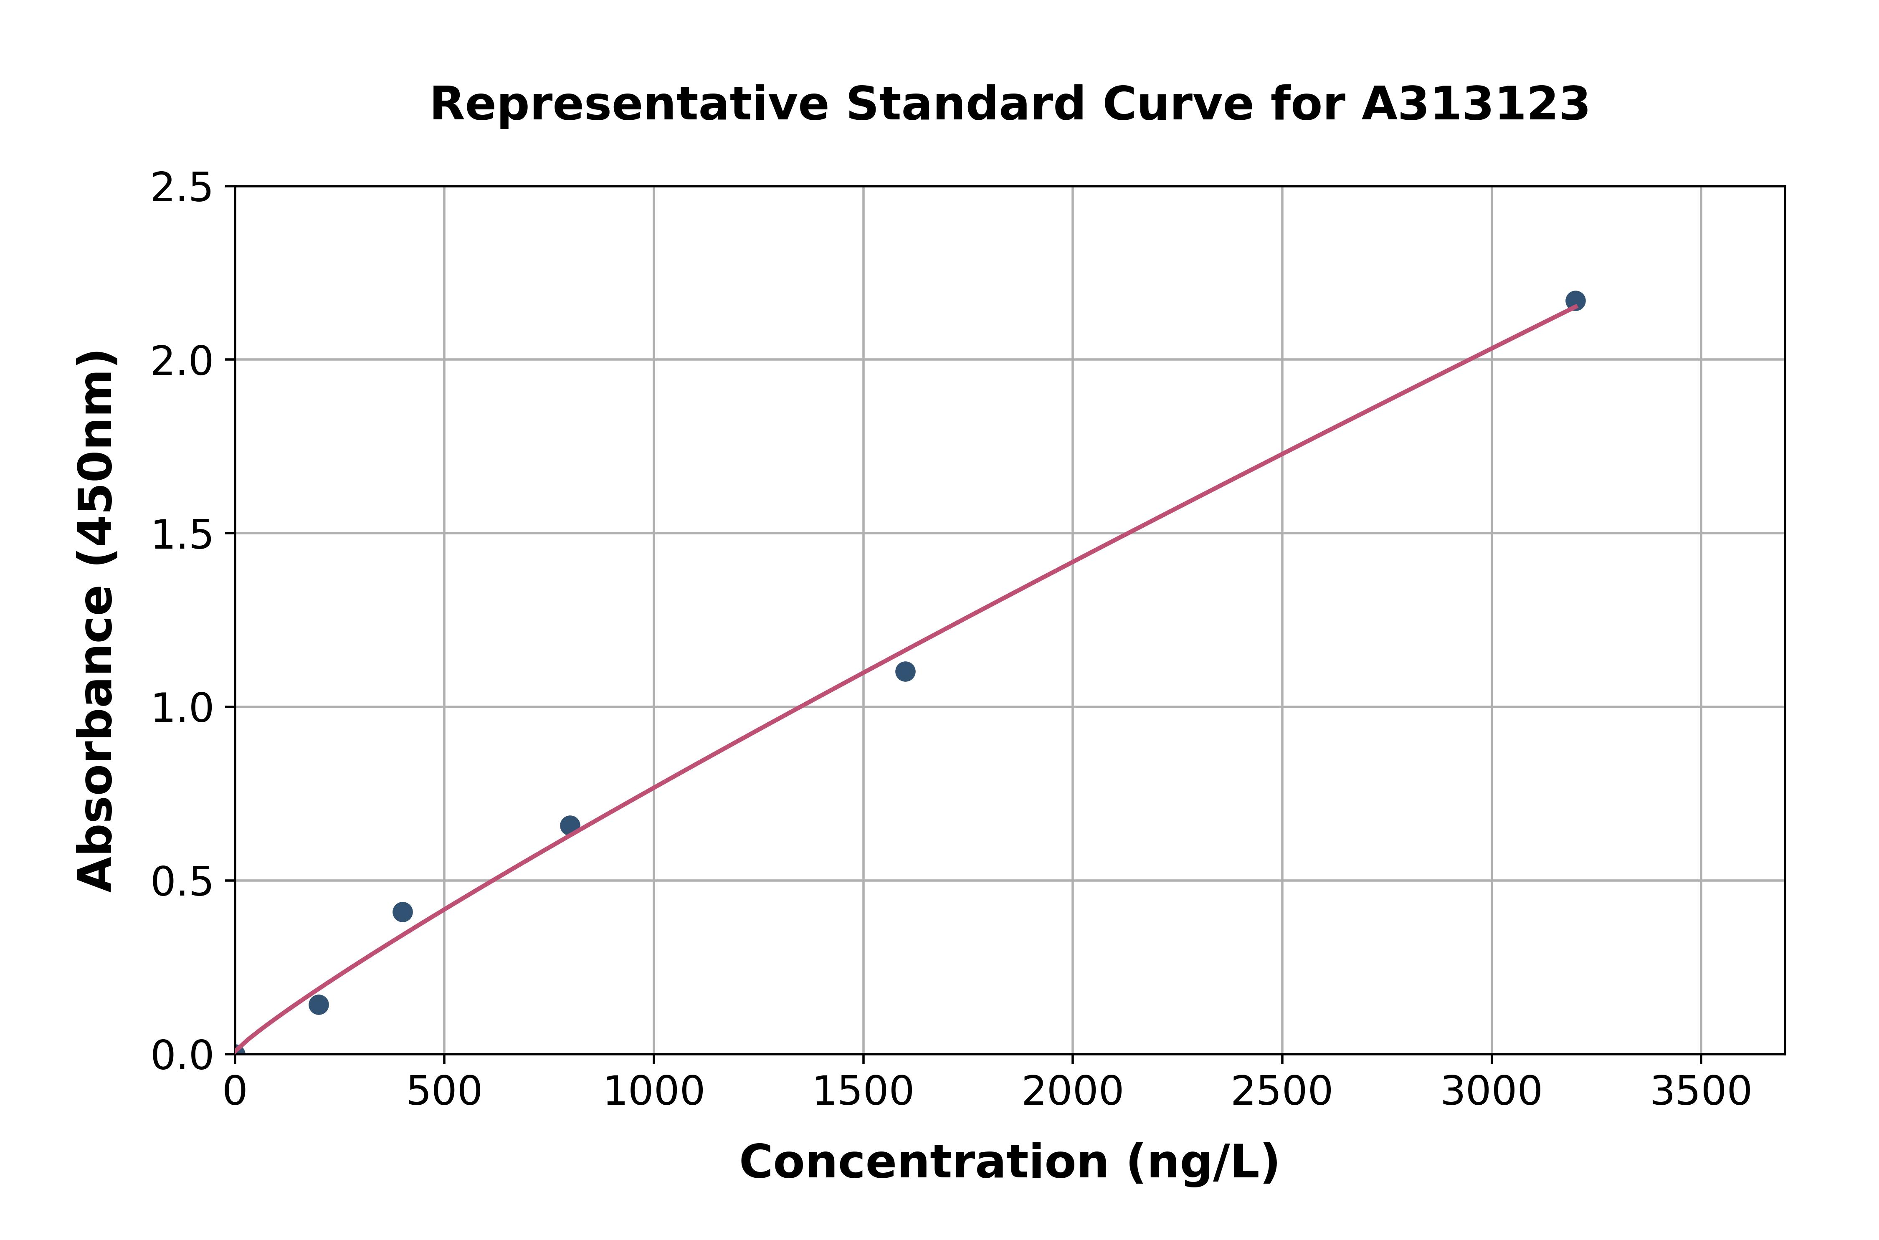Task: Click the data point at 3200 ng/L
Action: (1575, 301)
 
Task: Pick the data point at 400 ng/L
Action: (403, 912)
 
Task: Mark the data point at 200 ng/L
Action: (319, 1005)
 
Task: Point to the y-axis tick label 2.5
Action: (182, 188)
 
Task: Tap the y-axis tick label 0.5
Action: (182, 882)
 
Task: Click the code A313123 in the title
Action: (1475, 104)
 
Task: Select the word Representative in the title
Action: (629, 104)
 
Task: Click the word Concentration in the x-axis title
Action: (924, 1162)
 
